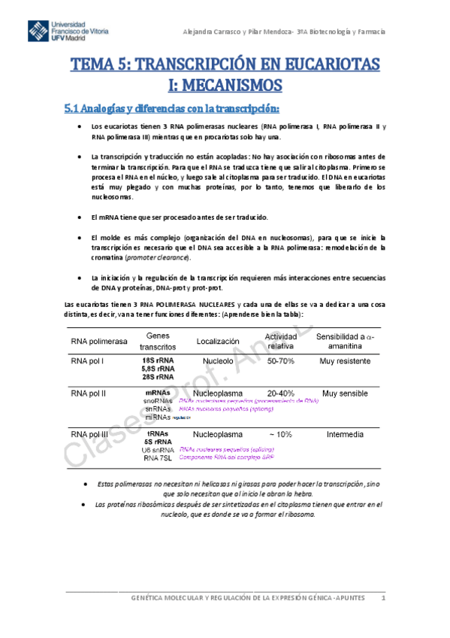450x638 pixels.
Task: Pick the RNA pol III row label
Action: (x=90, y=434)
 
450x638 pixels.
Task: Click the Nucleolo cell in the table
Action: (x=218, y=361)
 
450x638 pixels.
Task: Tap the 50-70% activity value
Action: (x=281, y=361)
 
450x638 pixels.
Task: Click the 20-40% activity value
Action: (x=281, y=393)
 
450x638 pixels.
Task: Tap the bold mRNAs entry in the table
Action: (x=157, y=393)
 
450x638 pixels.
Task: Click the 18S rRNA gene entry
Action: (x=158, y=361)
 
